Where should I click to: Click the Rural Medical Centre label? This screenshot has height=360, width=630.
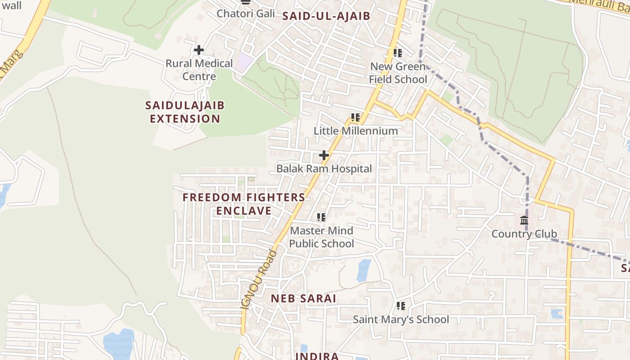(199, 70)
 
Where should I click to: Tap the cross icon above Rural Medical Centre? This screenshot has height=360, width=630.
(198, 50)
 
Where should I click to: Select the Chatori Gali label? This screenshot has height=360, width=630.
(246, 13)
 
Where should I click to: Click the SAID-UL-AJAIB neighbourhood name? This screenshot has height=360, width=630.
(326, 17)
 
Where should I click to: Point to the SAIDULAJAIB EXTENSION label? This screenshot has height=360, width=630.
(185, 112)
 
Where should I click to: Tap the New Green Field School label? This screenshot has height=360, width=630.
(398, 73)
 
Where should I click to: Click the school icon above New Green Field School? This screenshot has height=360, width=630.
(398, 53)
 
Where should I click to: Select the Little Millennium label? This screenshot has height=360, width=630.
(355, 131)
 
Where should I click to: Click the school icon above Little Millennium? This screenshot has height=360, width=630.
(355, 117)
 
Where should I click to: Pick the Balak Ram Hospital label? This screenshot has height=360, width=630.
(324, 169)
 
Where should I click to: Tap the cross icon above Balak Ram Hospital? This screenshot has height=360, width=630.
(324, 156)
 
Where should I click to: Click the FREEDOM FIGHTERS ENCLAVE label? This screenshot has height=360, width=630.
(244, 204)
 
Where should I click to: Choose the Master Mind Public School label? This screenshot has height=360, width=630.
(321, 237)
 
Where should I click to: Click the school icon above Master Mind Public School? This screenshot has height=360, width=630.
(321, 217)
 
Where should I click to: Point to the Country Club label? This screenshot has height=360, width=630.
(524, 234)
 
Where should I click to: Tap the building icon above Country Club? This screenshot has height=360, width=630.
(524, 220)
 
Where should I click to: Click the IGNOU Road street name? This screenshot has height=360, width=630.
(259, 279)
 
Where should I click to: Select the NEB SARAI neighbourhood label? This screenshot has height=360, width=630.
(303, 299)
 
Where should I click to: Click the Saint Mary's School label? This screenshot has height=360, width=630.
(400, 319)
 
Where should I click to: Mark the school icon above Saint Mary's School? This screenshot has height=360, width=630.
(400, 306)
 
